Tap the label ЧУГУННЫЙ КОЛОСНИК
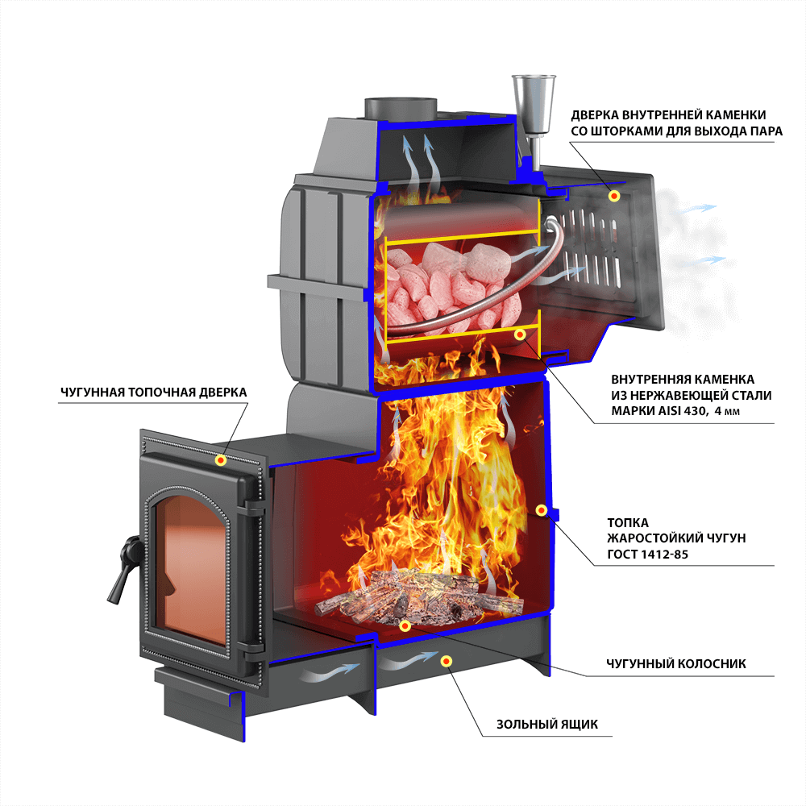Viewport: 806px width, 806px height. (x=676, y=664)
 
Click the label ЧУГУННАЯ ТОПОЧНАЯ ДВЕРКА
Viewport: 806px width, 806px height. (x=153, y=392)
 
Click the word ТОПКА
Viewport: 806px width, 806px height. (x=630, y=521)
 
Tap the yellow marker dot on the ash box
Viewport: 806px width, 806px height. (x=447, y=661)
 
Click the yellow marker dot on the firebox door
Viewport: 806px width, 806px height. (x=220, y=459)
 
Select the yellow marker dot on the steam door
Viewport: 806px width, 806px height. (x=614, y=195)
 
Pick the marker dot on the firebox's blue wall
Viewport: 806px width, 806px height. (x=542, y=510)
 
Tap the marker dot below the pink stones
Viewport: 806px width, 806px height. (x=520, y=333)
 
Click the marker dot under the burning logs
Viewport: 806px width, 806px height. (x=405, y=625)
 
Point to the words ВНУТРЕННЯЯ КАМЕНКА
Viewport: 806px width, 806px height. (x=683, y=378)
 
